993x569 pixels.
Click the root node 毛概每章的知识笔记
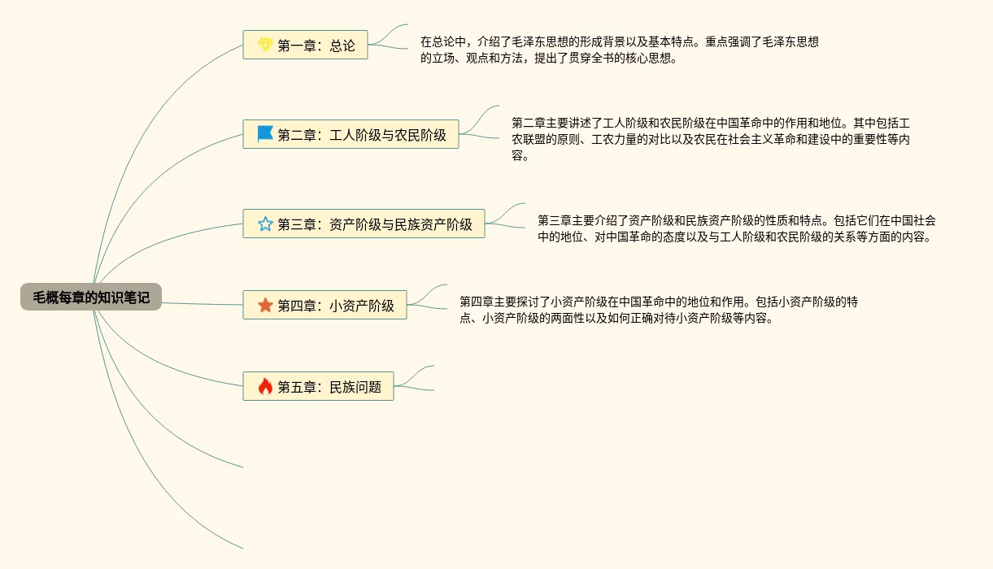91,298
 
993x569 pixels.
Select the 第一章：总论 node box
305,46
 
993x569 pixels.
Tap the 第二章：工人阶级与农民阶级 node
351,135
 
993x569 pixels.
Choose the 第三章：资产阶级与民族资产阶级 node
364,224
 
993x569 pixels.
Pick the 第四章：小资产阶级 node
324,305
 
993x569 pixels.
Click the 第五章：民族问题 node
318,386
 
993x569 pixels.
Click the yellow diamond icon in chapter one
265,46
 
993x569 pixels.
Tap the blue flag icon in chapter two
265,134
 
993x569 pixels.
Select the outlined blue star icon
265,224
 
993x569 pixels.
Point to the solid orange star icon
265,305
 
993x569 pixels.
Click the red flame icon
265,386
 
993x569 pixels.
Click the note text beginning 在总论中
619,50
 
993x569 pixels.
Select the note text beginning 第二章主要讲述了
710,139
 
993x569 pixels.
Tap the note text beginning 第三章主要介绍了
736,228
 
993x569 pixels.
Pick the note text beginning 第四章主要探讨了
658,310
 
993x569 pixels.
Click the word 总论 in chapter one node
342,46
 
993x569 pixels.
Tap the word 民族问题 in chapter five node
355,387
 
